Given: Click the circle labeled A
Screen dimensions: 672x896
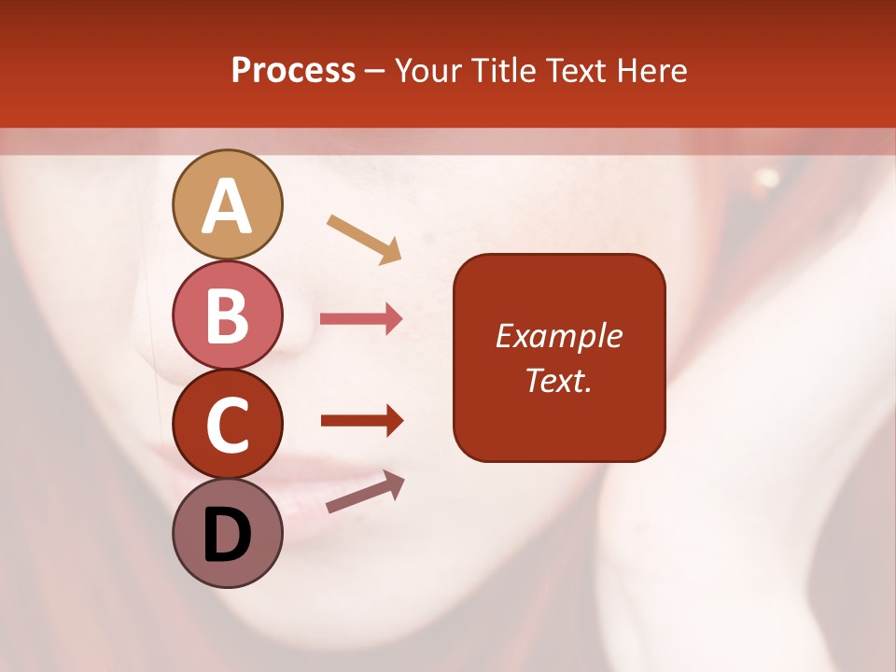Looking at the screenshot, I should [x=228, y=204].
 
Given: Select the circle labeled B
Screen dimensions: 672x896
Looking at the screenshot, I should [x=228, y=315].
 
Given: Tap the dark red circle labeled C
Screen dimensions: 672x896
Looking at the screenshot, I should [x=228, y=425].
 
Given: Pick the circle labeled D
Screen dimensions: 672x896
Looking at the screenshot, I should [x=228, y=534].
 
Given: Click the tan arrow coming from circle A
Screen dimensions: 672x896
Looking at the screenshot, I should [x=364, y=238].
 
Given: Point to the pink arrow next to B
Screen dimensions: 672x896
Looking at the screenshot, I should [x=361, y=319].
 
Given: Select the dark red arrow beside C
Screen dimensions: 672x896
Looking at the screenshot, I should [x=361, y=420].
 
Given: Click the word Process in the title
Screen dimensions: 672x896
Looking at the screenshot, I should [x=293, y=71].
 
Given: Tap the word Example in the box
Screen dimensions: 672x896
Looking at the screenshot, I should [x=558, y=336].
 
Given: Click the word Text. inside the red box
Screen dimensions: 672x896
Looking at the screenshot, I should [x=558, y=381].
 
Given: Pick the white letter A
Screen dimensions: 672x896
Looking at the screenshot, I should [x=228, y=206].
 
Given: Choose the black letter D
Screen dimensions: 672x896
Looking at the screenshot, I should [x=228, y=536].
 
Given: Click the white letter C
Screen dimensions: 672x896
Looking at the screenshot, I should [x=228, y=426].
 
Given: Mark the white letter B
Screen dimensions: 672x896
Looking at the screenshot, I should [x=228, y=316].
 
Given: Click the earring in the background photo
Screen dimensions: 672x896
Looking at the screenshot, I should [x=767, y=177].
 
